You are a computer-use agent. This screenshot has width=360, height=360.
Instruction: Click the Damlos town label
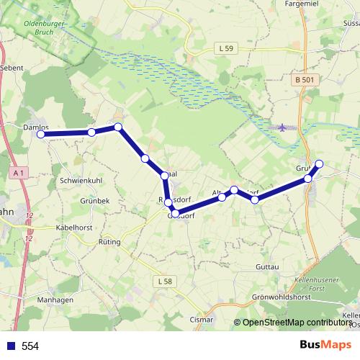pos(36,127)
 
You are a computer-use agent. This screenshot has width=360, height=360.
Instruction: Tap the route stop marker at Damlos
pos(41,135)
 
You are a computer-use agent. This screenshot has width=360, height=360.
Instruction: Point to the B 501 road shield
pos(304,80)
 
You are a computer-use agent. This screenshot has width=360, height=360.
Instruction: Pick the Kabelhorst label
pos(76,227)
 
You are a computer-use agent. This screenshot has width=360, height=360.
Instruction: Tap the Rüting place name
pos(109,242)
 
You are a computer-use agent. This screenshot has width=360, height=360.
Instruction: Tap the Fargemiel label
pos(302,4)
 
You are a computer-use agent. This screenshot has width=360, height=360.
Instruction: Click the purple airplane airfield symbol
pos(282,127)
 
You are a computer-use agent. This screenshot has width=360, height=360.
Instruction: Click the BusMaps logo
pos(320,345)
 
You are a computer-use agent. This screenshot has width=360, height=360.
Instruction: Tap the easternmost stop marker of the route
pos(320,164)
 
